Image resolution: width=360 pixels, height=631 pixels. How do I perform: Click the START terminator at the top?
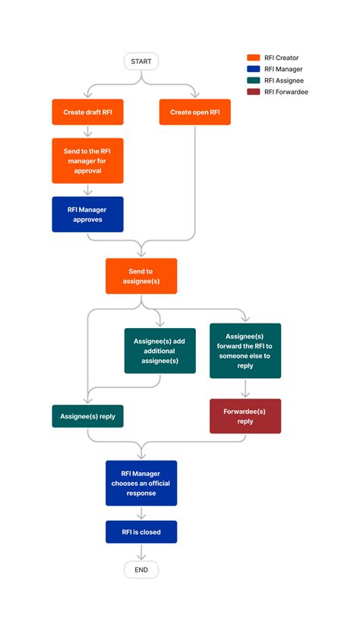point(141,60)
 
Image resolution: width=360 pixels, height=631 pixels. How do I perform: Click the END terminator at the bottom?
point(141,569)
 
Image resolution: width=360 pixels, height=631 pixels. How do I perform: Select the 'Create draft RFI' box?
point(87,112)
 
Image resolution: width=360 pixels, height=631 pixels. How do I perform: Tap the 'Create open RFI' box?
point(195,112)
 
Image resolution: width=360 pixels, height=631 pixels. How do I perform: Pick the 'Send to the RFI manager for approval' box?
point(87,160)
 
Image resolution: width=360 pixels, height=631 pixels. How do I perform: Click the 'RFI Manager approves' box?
point(87,214)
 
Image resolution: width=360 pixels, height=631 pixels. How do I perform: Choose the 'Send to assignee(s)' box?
point(141,276)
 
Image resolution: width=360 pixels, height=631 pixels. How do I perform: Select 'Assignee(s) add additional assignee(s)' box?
point(159,351)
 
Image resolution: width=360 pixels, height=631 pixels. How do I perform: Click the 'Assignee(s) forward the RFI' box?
point(245,351)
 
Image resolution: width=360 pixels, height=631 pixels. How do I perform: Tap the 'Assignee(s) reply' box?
point(87,416)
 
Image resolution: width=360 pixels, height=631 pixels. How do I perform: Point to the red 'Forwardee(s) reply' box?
point(245,416)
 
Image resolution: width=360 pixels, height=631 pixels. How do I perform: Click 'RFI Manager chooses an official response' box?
point(141,483)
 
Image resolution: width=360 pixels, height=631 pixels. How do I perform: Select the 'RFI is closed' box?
point(141,532)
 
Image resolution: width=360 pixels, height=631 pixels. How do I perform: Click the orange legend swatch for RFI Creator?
point(254,58)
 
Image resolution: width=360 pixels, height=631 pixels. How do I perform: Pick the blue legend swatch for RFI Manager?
point(254,69)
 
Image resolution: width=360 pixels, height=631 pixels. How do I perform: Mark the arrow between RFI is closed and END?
point(141,552)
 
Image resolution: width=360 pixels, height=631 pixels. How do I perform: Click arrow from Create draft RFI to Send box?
point(87,131)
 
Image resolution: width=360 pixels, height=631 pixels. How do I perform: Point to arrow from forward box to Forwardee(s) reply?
point(245,389)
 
